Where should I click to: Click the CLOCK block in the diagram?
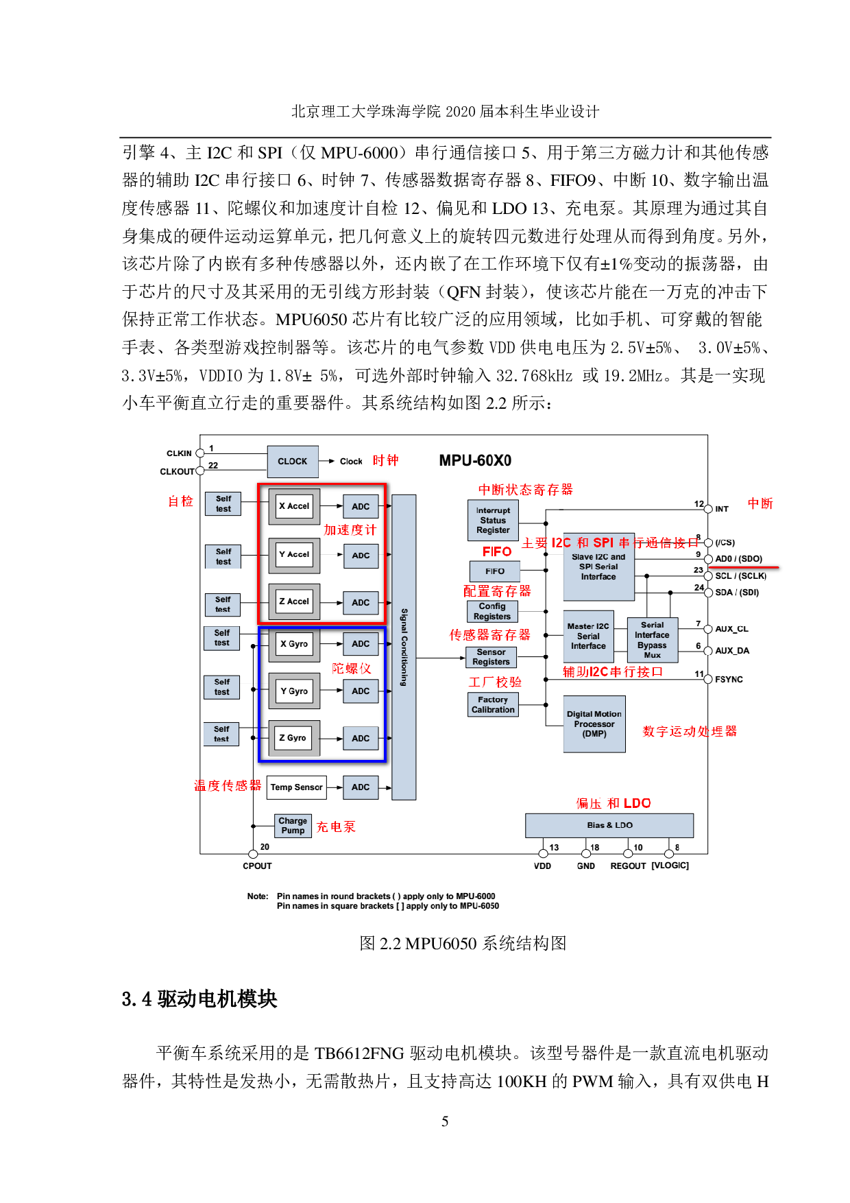293,462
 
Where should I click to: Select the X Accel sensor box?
294,506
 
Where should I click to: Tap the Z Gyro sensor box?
293,738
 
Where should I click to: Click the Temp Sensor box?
297,787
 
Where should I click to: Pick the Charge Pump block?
293,826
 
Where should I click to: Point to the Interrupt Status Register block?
493,521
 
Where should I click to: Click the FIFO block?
495,571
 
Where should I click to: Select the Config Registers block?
492,611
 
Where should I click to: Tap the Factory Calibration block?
493,705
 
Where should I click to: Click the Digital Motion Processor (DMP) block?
594,724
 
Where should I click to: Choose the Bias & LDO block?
609,825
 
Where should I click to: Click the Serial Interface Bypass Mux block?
652,640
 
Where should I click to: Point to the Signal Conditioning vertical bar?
404,647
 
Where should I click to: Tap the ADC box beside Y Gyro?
361,691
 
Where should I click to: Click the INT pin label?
722,509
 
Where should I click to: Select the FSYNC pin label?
729,680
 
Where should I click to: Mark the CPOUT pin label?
257,866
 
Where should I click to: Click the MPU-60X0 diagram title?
475,461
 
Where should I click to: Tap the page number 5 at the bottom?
445,1121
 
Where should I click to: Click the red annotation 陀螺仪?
352,669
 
